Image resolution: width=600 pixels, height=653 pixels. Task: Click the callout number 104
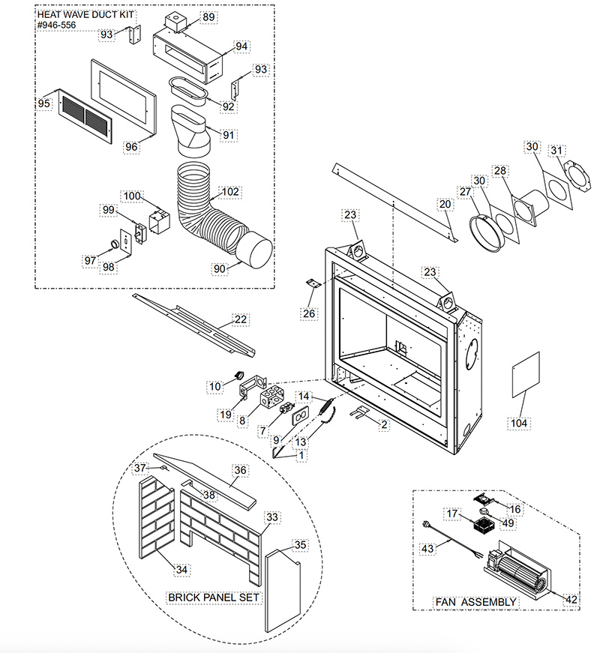coord(519,424)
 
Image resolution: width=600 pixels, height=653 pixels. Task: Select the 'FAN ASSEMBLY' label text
coord(475,602)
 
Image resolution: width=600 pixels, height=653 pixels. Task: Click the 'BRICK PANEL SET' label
coord(214,598)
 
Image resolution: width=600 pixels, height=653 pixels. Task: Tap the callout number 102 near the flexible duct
coord(229,191)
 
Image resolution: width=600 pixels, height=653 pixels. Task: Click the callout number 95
coord(44,102)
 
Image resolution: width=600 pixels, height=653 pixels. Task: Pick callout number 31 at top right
coord(556,151)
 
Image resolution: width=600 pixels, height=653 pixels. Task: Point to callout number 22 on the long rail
coord(240,319)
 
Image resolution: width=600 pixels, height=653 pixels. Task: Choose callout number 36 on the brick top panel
coord(240,470)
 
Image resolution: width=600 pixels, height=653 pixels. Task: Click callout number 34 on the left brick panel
coord(181,571)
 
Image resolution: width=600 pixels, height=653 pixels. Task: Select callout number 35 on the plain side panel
coord(299,544)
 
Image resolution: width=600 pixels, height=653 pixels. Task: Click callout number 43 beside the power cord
coord(427,549)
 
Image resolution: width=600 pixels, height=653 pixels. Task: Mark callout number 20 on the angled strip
coord(445,204)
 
